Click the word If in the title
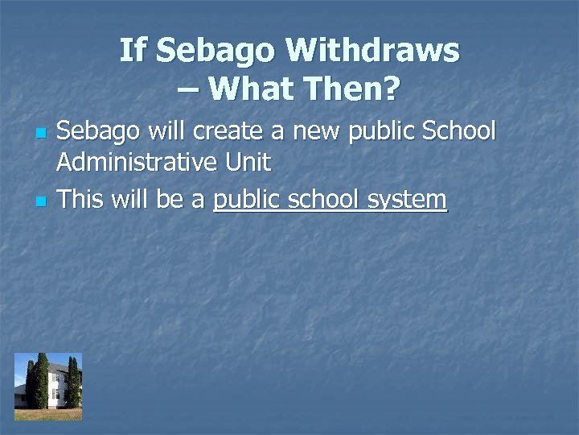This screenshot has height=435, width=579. pyautogui.click(x=133, y=51)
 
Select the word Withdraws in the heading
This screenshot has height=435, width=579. pyautogui.click(x=372, y=51)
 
